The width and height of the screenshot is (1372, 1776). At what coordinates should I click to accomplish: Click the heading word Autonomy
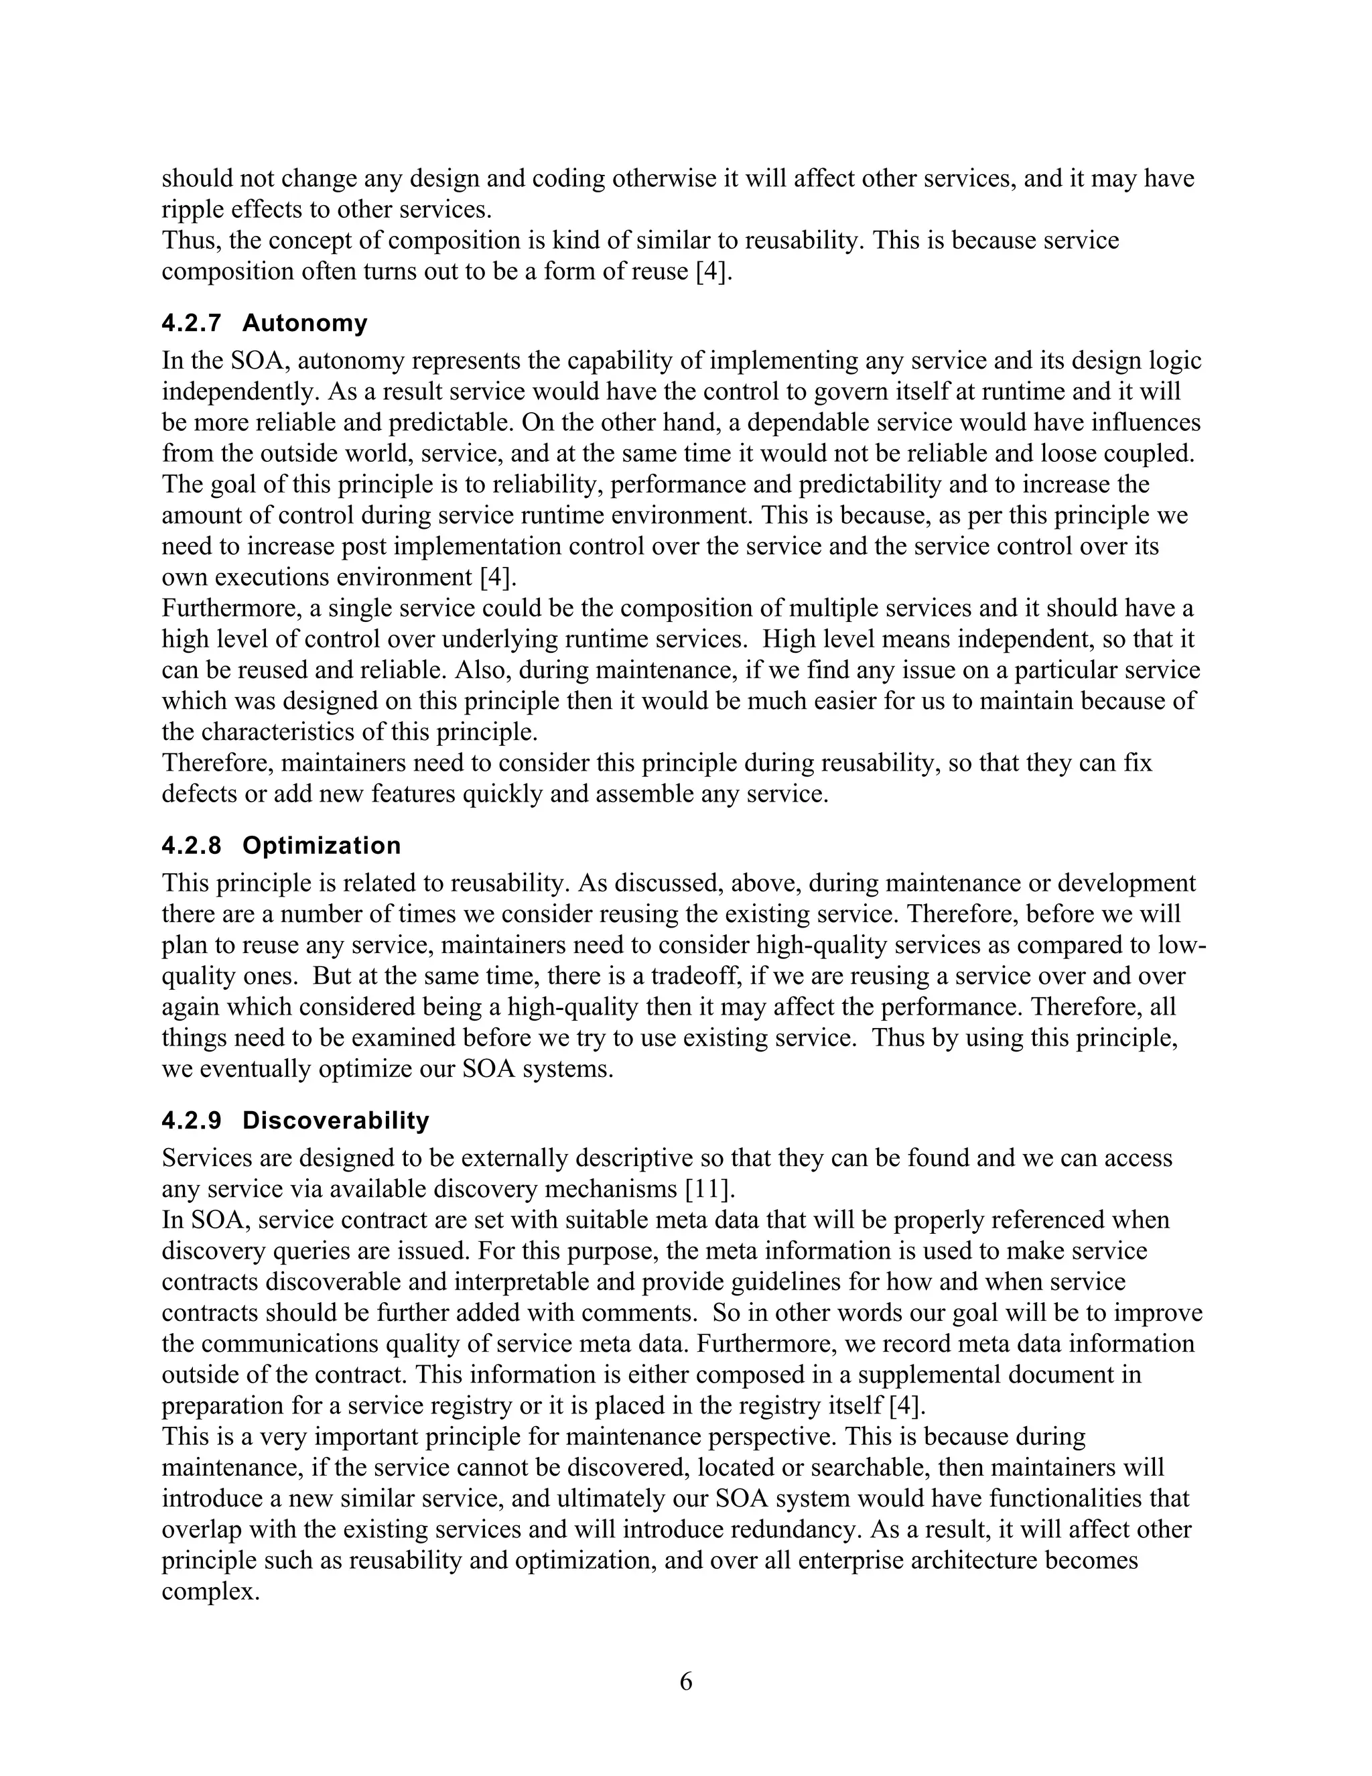click(x=305, y=324)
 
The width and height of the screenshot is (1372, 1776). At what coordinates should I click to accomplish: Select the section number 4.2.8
click(x=191, y=846)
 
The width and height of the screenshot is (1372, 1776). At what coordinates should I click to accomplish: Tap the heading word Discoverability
click(x=336, y=1121)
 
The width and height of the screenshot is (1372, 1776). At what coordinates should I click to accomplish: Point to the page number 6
click(x=686, y=1682)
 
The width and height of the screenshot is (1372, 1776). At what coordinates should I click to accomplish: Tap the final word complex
click(x=210, y=1592)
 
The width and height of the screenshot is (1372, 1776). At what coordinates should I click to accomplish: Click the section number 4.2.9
click(x=191, y=1121)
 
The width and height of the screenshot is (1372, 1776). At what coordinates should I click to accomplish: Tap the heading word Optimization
click(x=321, y=846)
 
